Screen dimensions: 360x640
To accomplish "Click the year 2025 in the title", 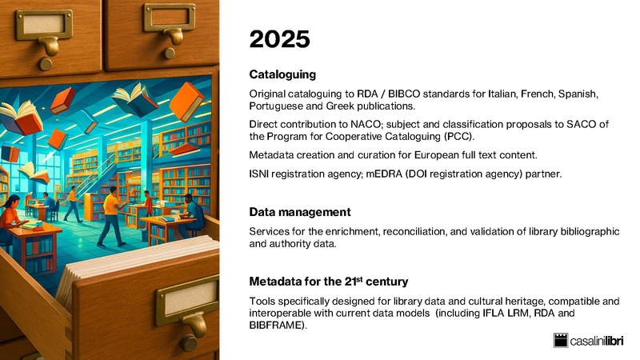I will (x=277, y=38).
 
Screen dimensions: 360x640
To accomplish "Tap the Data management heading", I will (x=300, y=212).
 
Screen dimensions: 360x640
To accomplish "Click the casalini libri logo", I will (x=593, y=340).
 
